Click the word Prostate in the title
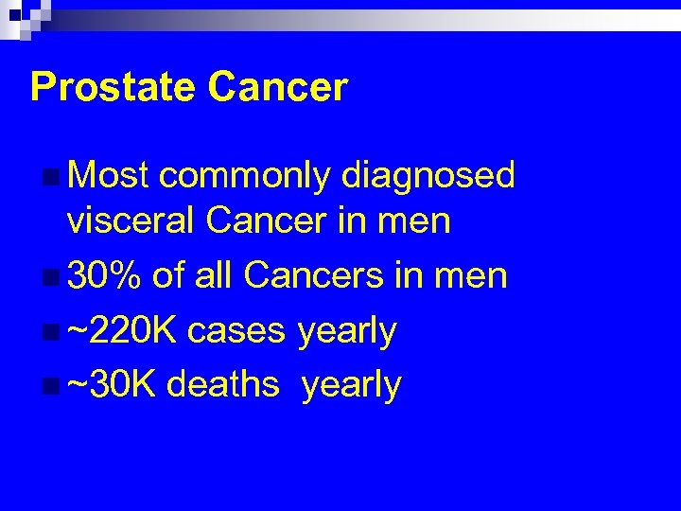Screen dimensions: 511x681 tap(113, 87)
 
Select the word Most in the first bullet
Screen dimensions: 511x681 tap(109, 175)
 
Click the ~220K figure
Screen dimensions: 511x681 tap(122, 330)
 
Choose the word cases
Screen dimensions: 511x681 tap(236, 331)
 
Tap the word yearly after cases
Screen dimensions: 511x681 tap(347, 332)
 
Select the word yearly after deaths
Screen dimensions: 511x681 tap(352, 387)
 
